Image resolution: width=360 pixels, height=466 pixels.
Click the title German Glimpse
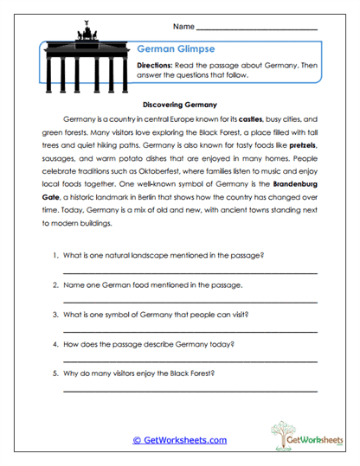pyautogui.click(x=172, y=50)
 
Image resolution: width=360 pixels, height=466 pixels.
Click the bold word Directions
pyautogui.click(x=158, y=65)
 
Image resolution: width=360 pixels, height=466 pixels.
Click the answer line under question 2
pyautogui.click(x=190, y=302)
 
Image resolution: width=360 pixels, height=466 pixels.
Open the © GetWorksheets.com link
pyautogui.click(x=179, y=440)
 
